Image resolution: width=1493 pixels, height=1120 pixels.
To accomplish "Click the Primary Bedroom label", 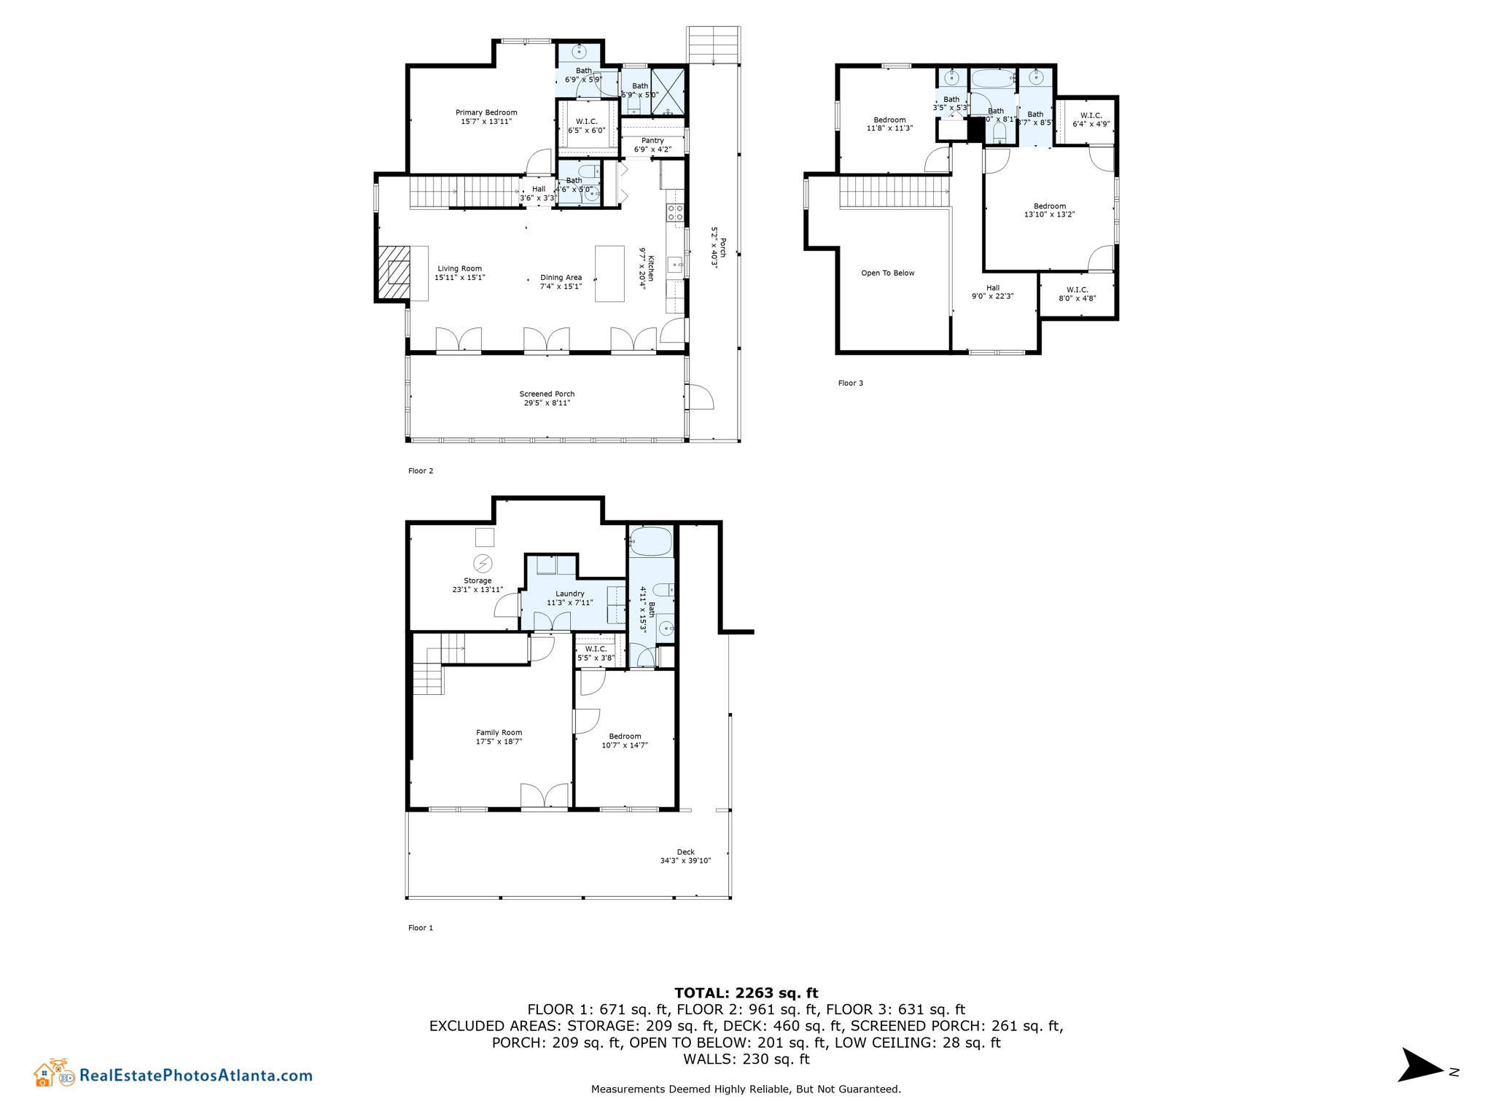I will tap(486, 113).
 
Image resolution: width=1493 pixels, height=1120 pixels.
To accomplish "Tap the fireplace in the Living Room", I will tap(394, 273).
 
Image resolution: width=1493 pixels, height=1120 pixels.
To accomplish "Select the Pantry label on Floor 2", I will tap(652, 141).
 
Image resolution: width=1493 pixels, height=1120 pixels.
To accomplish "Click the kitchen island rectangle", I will tap(609, 273).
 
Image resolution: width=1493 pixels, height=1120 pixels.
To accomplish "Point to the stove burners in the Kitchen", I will tap(675, 213).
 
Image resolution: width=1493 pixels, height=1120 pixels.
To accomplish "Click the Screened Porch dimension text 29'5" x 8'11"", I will tap(547, 403).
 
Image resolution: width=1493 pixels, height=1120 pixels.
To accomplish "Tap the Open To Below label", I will tap(887, 273).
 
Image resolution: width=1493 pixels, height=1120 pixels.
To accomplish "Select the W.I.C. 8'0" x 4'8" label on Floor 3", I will tap(1077, 294).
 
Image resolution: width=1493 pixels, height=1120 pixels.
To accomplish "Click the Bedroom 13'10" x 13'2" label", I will tap(1049, 211).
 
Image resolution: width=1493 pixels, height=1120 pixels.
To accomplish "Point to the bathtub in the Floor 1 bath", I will tap(650, 542).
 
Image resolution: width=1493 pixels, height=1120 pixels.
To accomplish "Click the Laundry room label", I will tap(569, 594).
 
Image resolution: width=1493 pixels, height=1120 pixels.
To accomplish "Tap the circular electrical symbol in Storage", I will tap(483, 563).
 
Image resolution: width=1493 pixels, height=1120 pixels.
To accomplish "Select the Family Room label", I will tap(499, 733).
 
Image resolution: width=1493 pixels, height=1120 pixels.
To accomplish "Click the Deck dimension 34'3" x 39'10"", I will tap(685, 861).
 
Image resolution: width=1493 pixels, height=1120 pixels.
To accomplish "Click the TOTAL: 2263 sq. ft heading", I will tap(746, 993).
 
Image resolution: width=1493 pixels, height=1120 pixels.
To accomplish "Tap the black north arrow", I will tap(1418, 1066).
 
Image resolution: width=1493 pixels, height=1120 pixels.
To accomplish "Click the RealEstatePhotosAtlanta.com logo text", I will tap(195, 1076).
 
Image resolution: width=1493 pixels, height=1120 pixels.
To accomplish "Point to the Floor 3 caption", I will tap(850, 384).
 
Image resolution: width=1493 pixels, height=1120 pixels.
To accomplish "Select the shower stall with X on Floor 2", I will tap(668, 92).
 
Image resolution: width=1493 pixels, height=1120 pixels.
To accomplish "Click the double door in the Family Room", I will tap(545, 796).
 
